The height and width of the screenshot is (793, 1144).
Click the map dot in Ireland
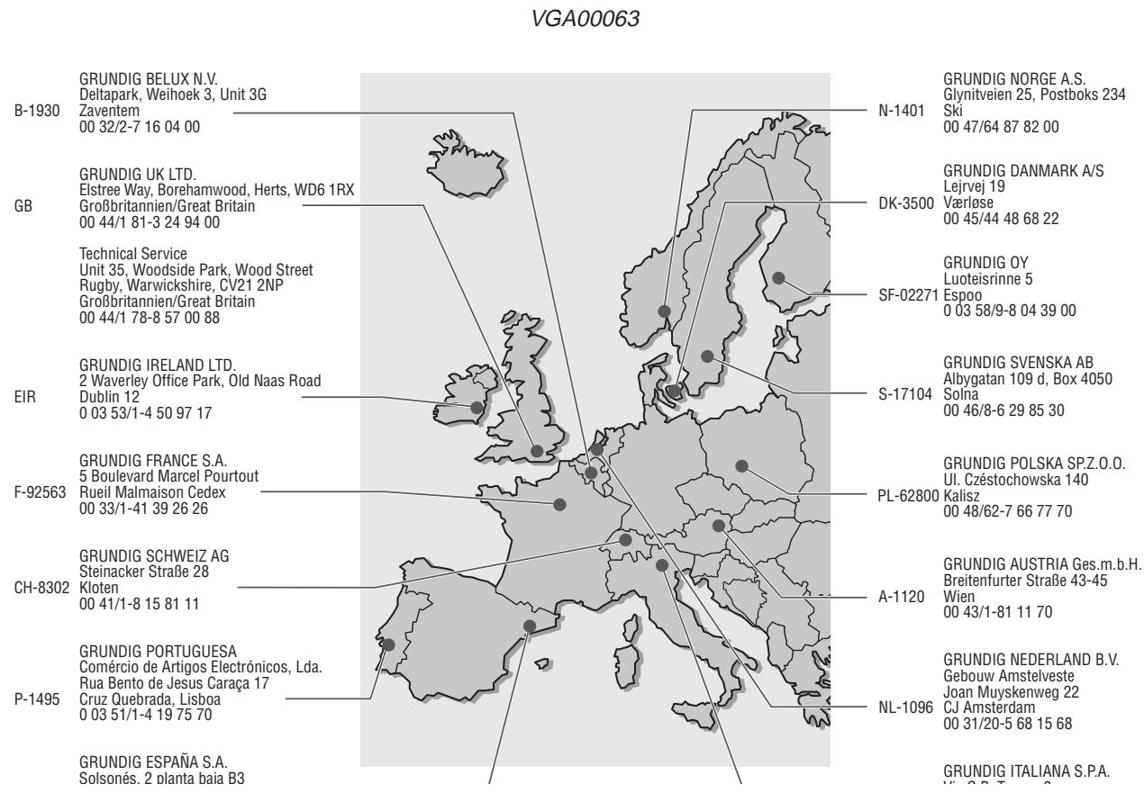point(476,407)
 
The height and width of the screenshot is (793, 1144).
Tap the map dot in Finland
point(779,277)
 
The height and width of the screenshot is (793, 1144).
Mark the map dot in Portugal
point(388,644)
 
